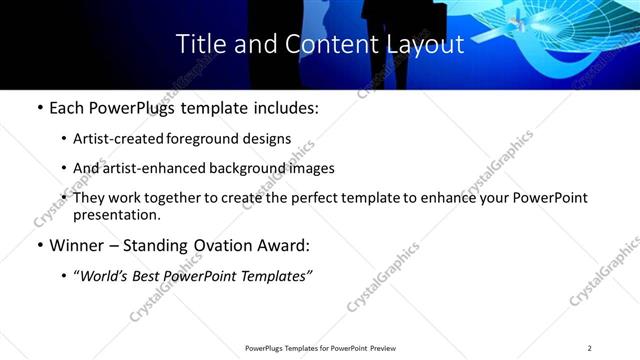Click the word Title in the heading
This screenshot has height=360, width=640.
199,44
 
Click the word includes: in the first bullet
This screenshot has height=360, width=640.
284,109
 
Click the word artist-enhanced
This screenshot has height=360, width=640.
144,168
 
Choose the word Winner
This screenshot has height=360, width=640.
76,245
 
